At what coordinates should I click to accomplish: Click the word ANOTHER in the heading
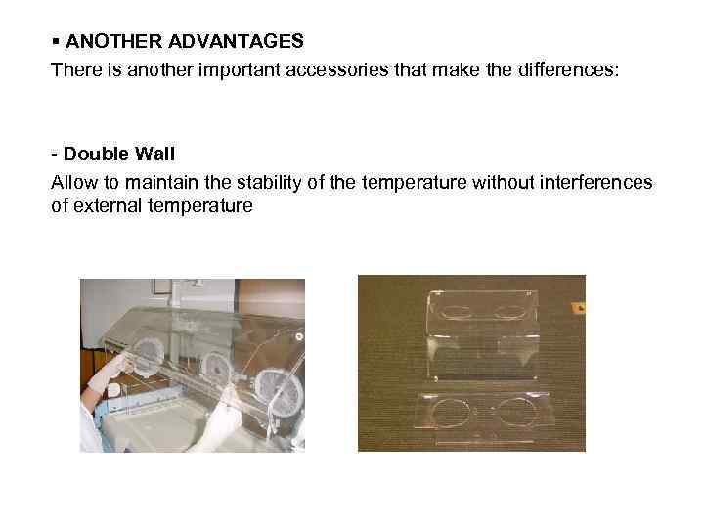104,41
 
